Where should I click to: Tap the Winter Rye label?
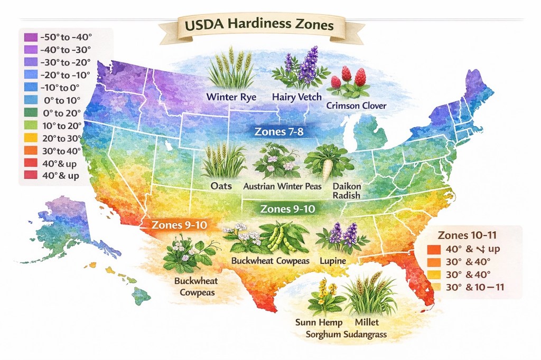tap(231, 97)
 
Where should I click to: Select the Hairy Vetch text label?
tap(294, 97)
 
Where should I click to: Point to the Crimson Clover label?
tap(357, 106)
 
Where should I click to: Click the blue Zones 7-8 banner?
tap(279, 131)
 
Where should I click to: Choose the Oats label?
tap(221, 186)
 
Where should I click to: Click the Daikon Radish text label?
tap(347, 191)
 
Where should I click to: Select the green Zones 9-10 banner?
tap(288, 209)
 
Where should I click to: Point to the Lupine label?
tap(333, 261)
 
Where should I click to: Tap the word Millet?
tap(367, 322)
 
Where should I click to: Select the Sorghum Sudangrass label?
tap(346, 334)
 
